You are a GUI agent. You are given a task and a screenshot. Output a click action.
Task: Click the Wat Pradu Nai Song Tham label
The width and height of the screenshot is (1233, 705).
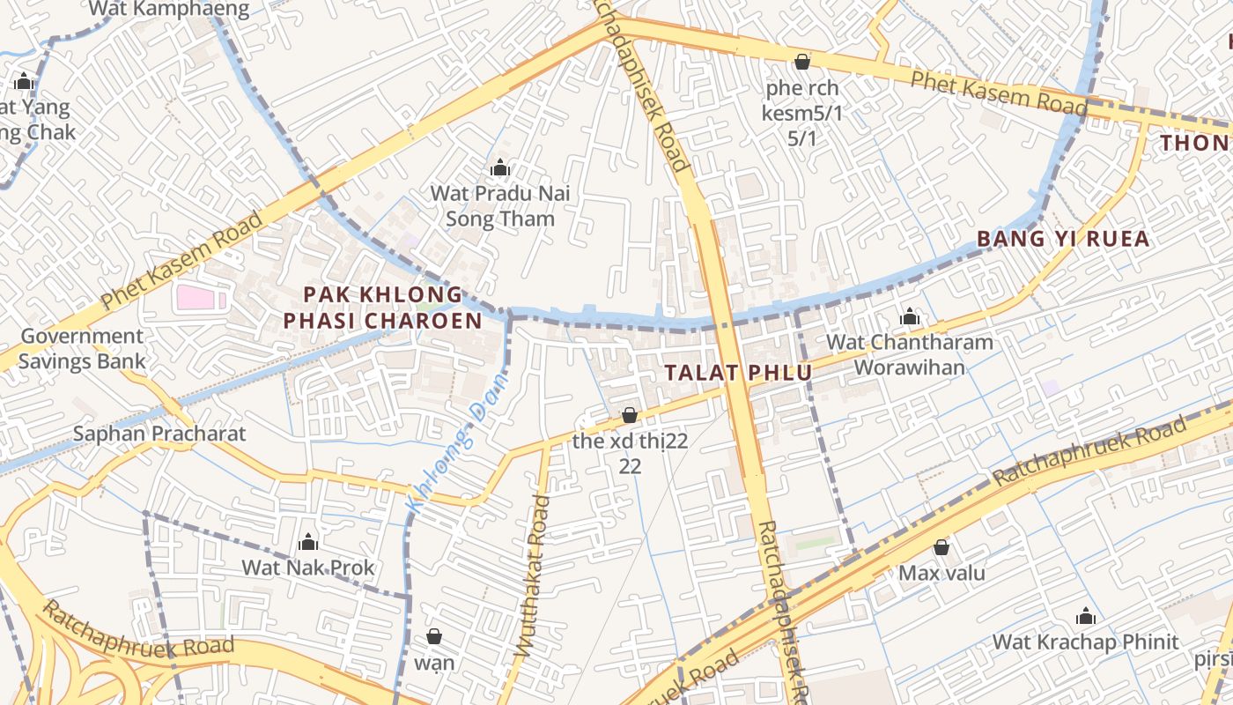click(500, 205)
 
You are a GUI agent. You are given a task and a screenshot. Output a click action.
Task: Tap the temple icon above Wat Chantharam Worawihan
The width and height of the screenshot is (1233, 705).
click(910, 316)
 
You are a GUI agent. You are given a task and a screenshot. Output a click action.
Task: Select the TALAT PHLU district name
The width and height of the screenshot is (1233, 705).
click(738, 373)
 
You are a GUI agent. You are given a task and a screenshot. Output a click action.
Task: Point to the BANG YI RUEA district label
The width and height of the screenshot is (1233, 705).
click(1063, 239)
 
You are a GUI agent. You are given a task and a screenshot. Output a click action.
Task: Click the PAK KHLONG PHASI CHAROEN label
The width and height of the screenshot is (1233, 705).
click(382, 308)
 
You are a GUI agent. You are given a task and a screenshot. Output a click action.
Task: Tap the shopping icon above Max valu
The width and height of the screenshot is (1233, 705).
click(941, 547)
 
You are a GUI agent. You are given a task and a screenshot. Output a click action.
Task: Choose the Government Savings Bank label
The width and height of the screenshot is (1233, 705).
click(82, 348)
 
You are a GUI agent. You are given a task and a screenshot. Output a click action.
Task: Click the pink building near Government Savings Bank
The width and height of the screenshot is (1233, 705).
click(196, 298)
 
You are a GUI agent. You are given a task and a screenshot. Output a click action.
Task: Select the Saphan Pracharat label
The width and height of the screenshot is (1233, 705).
click(159, 434)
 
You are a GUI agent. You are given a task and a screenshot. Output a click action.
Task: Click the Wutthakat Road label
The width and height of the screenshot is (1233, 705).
click(533, 575)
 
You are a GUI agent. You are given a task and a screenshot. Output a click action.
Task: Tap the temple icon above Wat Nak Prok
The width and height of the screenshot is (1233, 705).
click(308, 542)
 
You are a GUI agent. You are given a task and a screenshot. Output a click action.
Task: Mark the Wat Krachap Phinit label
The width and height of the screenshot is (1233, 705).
click(1085, 642)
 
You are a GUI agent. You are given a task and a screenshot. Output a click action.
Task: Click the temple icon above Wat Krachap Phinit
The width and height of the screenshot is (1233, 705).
click(1086, 616)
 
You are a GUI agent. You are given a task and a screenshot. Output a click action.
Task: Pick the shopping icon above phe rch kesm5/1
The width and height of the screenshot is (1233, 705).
click(802, 62)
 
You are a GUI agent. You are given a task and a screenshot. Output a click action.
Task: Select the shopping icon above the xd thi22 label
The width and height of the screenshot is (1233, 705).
click(630, 415)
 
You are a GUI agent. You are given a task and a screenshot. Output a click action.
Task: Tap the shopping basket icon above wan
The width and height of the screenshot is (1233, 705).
click(434, 636)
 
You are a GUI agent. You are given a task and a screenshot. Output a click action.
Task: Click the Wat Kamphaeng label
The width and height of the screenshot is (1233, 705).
click(169, 10)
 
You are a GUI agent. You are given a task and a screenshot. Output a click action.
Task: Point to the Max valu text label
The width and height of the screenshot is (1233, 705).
click(941, 573)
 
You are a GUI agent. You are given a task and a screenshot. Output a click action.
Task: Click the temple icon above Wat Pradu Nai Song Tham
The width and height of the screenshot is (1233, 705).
click(500, 167)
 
